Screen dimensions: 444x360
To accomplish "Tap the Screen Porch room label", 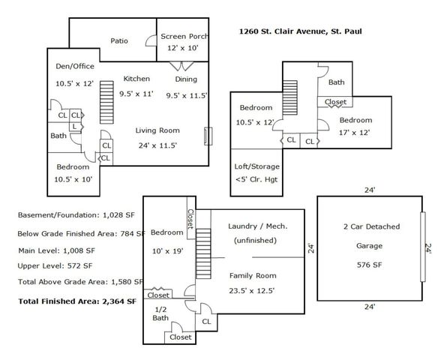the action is pos(184,37).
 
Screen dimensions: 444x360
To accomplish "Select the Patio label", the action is pos(119,40).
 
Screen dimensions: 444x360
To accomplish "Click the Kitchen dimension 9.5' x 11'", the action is pos(136,94).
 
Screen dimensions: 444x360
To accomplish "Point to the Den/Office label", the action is pos(75,66).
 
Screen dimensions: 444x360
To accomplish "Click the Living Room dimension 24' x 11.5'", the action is pos(157,145).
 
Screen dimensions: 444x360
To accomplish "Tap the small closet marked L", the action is pos(75,127).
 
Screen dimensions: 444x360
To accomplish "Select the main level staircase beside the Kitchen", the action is pos(106,102).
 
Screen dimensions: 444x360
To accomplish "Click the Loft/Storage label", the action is pos(256,166).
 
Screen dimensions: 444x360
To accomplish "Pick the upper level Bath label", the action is pos(337,82).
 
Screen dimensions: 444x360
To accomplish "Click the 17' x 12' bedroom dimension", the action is pos(355,133).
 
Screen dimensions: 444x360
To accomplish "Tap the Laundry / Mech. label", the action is pos(258,226).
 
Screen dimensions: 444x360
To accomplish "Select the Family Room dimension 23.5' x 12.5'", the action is pos(252,291).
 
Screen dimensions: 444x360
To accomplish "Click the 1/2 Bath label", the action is pos(160,313).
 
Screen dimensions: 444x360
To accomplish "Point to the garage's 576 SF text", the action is pos(369,265).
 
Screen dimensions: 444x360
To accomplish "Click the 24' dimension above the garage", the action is pos(370,190).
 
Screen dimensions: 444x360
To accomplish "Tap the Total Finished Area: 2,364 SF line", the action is pos(77,301).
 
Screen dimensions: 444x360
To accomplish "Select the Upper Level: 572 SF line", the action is pos(55,266).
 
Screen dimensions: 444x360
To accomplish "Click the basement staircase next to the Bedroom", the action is pos(203,253).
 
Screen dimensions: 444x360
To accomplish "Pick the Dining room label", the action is pos(186,79).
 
